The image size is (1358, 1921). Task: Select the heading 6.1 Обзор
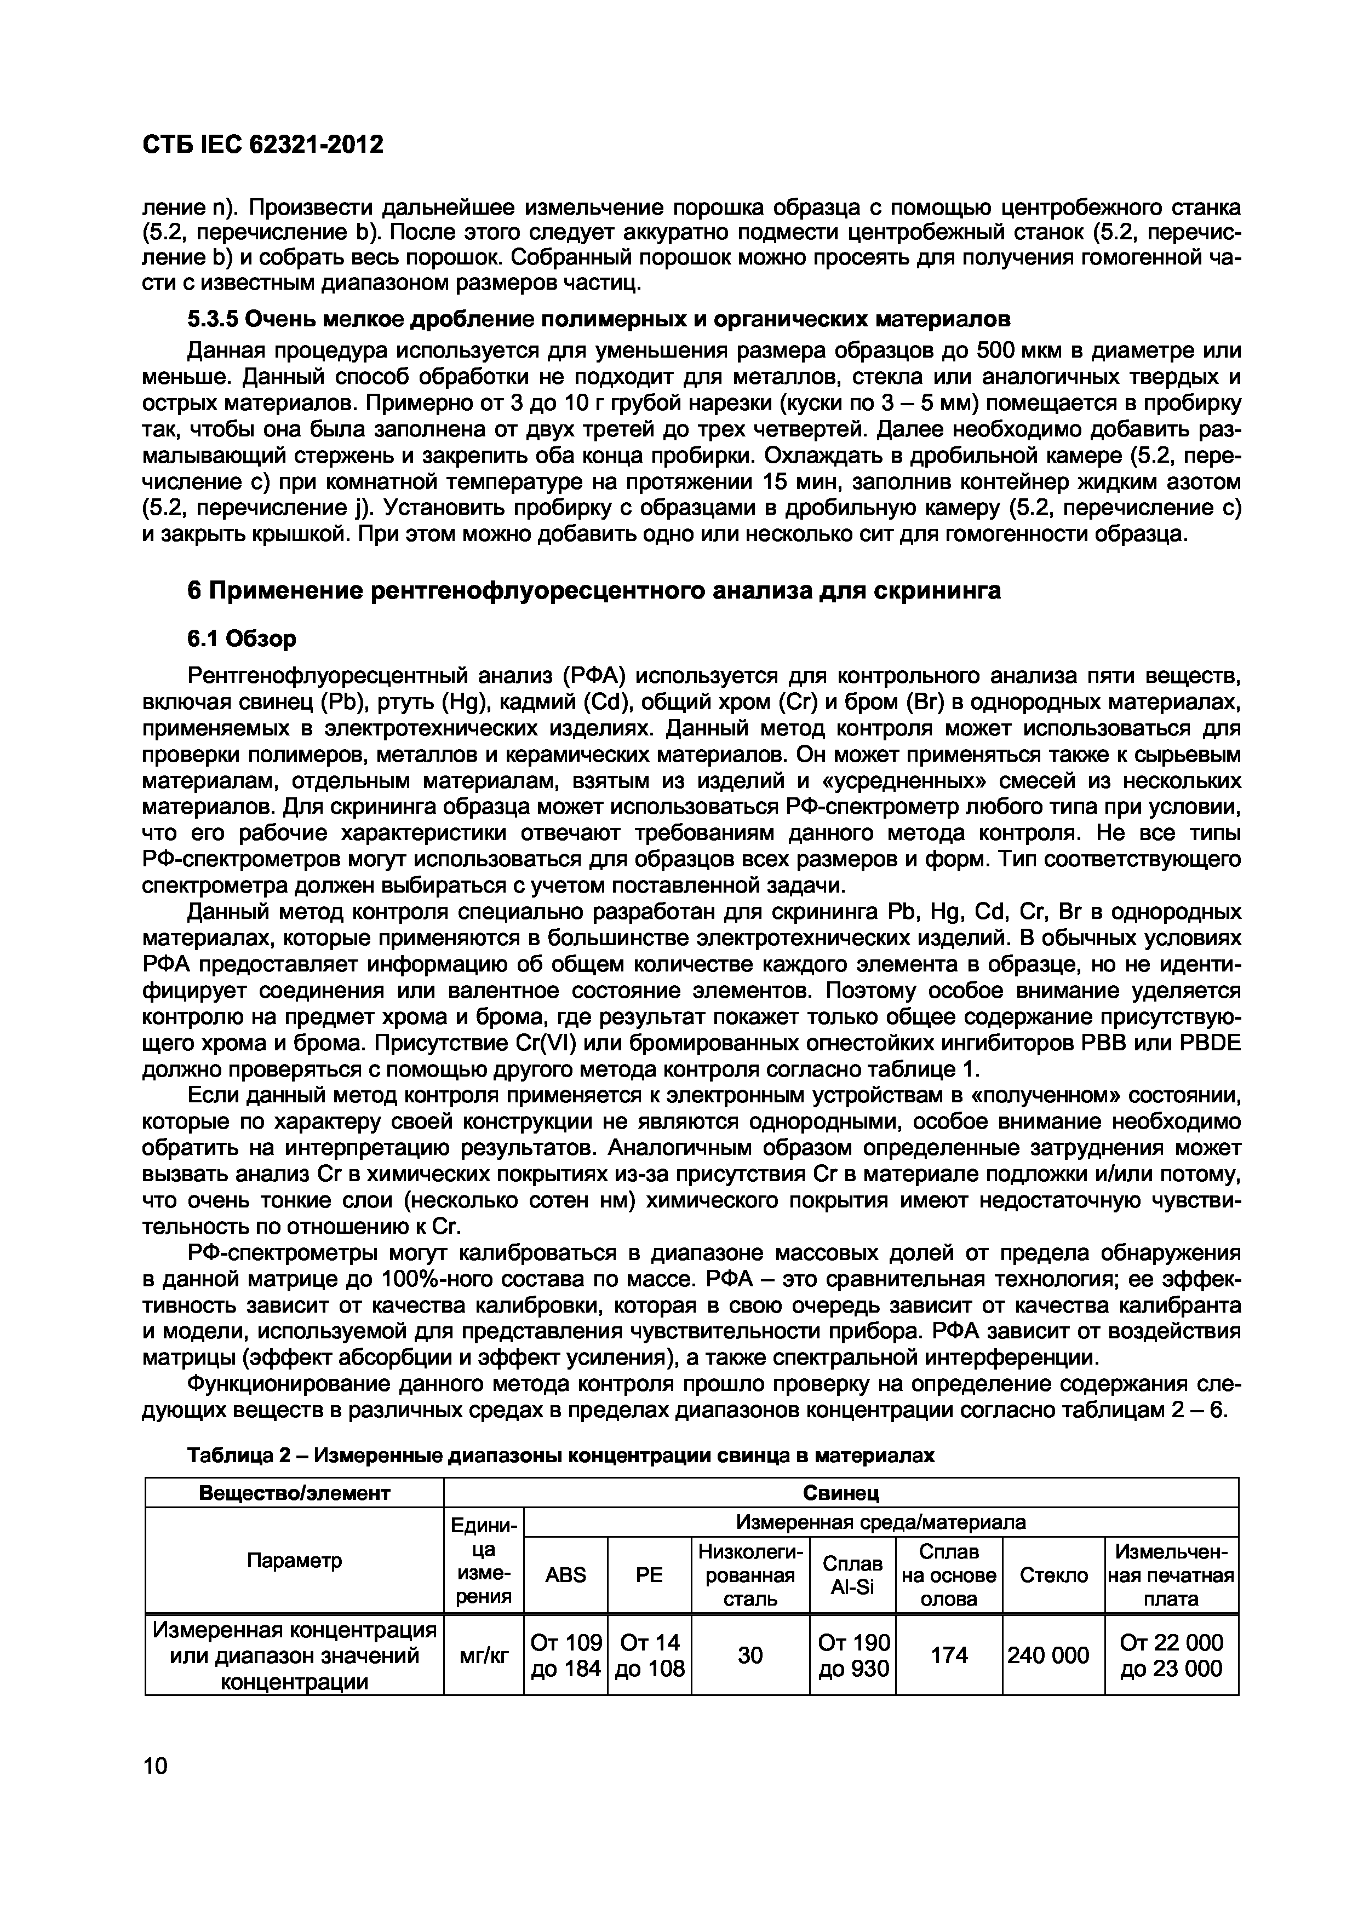tap(241, 639)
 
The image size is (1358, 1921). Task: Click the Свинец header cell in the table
tap(840, 1493)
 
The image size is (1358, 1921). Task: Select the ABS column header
tap(566, 1575)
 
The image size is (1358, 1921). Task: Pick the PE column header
tap(649, 1575)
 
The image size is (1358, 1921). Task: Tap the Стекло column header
tap(1053, 1575)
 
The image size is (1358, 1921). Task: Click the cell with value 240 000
tap(1053, 1655)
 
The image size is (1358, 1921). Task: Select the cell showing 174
tap(949, 1655)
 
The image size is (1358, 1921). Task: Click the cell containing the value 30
tap(750, 1655)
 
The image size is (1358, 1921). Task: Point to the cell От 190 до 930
tap(852, 1655)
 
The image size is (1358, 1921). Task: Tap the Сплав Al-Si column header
tap(852, 1575)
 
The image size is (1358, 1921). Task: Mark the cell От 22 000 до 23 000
tap(1171, 1655)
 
